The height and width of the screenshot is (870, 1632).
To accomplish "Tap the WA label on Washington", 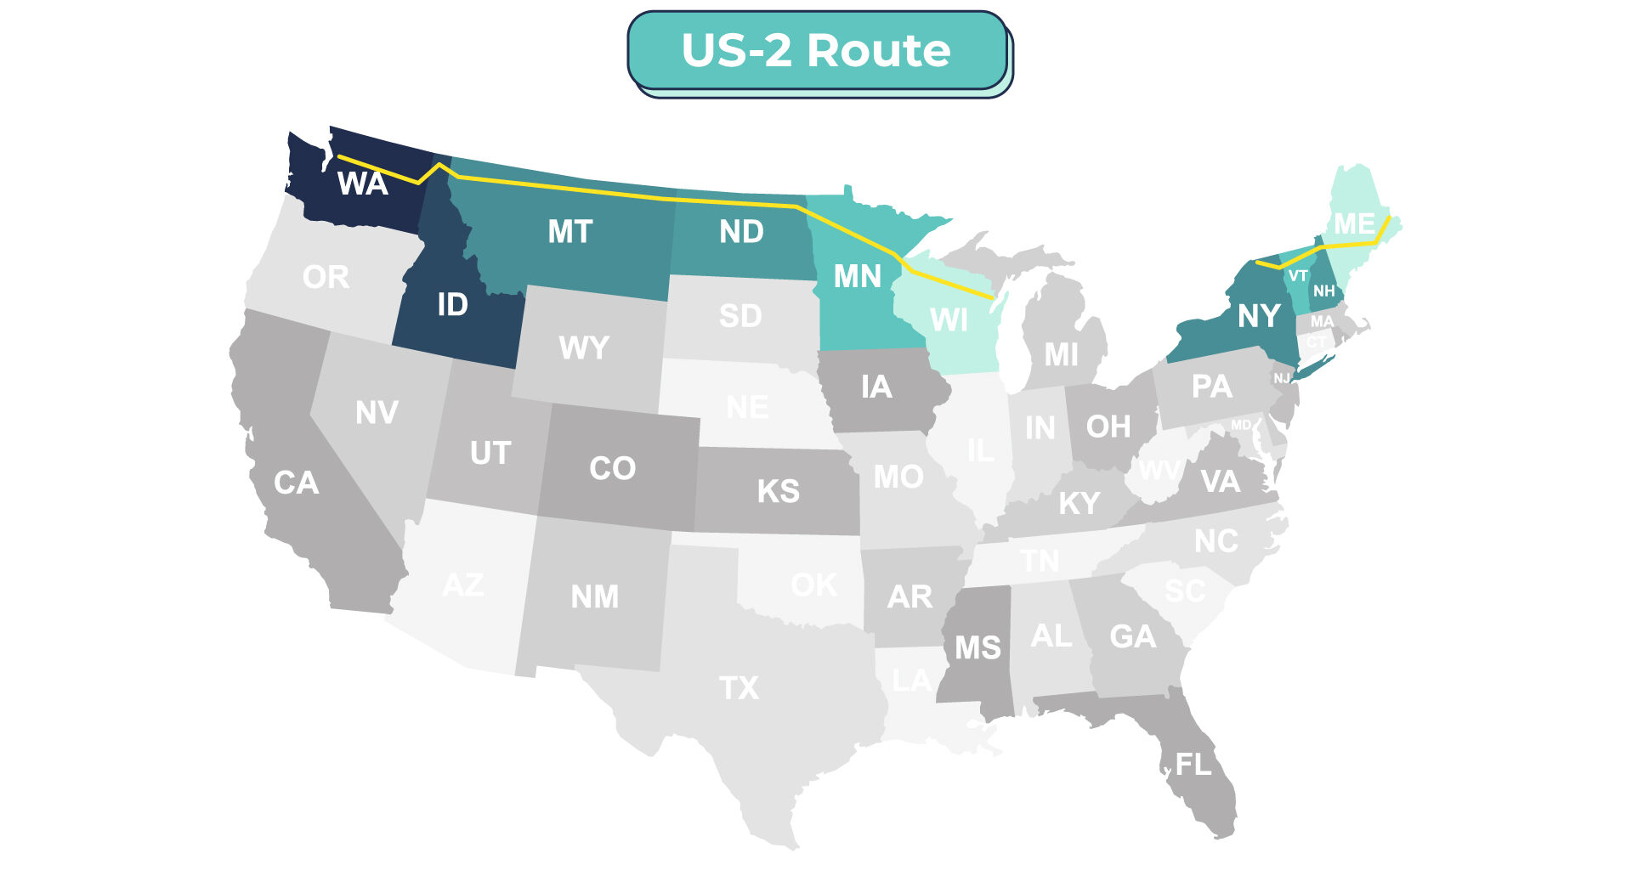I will click(363, 184).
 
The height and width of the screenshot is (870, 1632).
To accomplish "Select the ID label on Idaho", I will click(452, 304).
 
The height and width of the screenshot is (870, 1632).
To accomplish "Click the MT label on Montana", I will click(569, 231).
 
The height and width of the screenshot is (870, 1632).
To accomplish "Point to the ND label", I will click(741, 231).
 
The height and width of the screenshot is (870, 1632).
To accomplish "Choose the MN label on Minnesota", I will click(857, 276).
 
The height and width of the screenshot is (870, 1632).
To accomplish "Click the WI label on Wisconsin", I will click(949, 320).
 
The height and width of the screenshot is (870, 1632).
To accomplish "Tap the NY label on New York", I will click(1259, 316).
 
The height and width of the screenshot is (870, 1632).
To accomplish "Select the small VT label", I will click(1297, 275).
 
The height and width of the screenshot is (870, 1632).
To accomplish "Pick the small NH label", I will click(1323, 291).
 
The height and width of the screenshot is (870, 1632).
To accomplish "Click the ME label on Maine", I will click(1354, 223).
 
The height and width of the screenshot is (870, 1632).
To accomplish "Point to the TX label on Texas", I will click(739, 687).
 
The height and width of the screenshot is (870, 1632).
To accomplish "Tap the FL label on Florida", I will click(1193, 765).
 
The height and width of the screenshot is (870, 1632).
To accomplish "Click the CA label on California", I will click(296, 483).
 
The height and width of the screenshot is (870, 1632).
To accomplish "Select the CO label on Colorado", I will click(612, 468).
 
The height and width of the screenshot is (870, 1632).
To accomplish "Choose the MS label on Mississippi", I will click(977, 648).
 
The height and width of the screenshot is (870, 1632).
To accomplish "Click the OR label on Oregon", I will click(326, 277).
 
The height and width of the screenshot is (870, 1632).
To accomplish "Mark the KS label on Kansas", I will click(778, 491).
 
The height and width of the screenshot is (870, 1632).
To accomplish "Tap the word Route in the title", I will click(878, 51).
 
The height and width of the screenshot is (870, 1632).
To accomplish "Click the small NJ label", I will click(1281, 378).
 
